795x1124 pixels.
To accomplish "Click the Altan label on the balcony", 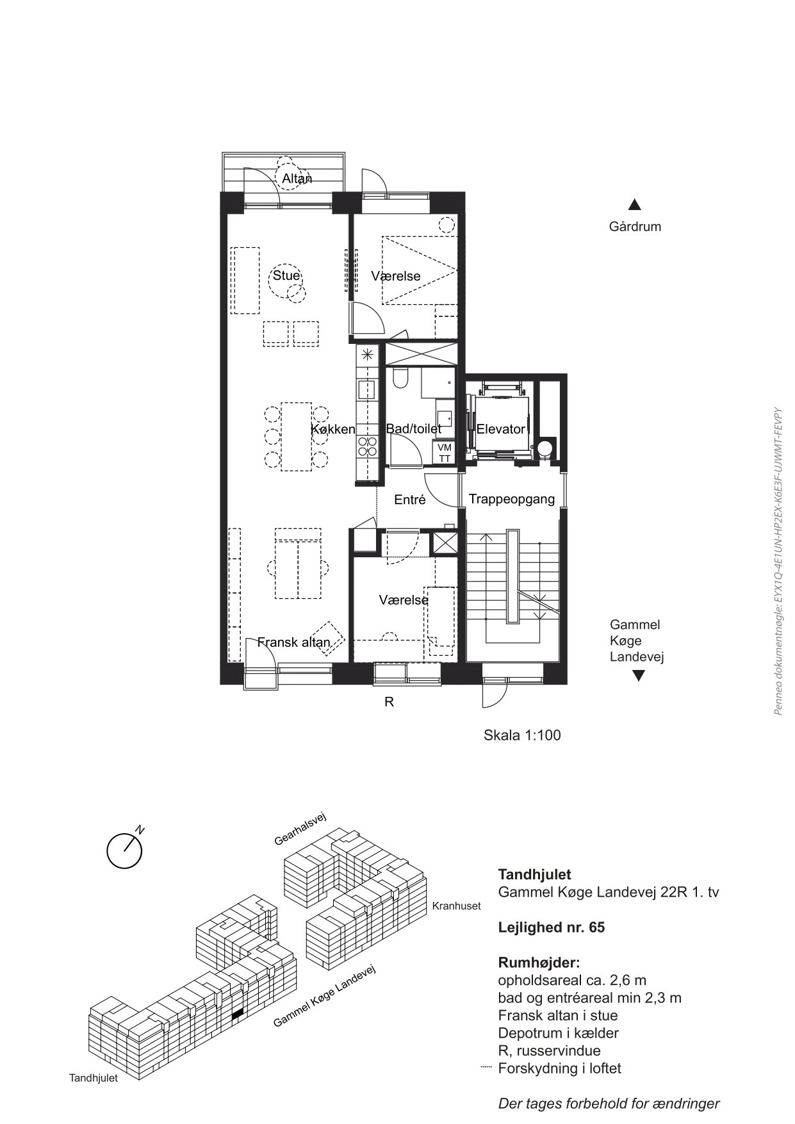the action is coord(297,179).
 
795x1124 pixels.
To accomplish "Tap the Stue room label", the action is coord(286,275).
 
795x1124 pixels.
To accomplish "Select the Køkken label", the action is coord(333,429).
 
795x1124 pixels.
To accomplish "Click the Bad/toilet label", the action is coord(414,429).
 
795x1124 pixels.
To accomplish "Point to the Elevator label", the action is coord(501,429).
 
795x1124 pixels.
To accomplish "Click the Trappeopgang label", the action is coord(512,499).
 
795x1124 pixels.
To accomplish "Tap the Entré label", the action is coord(410,500).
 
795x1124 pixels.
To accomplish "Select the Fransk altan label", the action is coord(294,642).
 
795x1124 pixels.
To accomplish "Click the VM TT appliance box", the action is coord(445,453).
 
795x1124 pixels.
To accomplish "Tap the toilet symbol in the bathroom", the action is coord(401,378).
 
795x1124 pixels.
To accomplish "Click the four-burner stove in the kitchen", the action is coord(368,446).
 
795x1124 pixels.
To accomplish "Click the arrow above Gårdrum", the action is coord(635,205).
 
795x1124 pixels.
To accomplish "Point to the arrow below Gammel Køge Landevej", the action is coord(638,676).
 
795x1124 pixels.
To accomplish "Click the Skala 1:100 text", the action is coord(522,735).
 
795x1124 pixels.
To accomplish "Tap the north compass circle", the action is coord(124,851).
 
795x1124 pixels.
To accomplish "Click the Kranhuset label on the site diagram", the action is coord(456,906).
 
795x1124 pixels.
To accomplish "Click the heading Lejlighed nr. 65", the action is coord(552,927).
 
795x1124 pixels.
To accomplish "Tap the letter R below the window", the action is coord(389,702).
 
